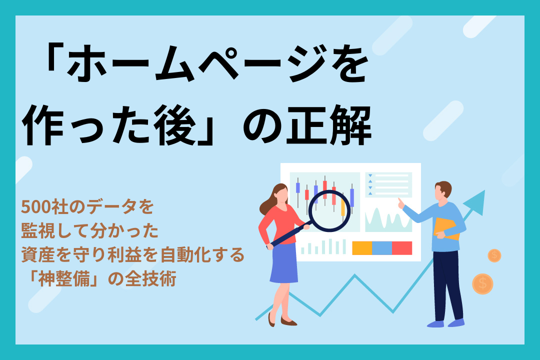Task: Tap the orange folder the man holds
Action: pyautogui.click(x=446, y=229)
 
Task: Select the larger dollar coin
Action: pyautogui.click(x=482, y=283)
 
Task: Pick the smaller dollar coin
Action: pyautogui.click(x=494, y=255)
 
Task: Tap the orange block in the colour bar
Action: pyautogui.click(x=362, y=248)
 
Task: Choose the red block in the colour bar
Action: pyautogui.click(x=401, y=248)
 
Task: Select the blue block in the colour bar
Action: pyautogui.click(x=381, y=248)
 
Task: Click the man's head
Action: pyautogui.click(x=442, y=190)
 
